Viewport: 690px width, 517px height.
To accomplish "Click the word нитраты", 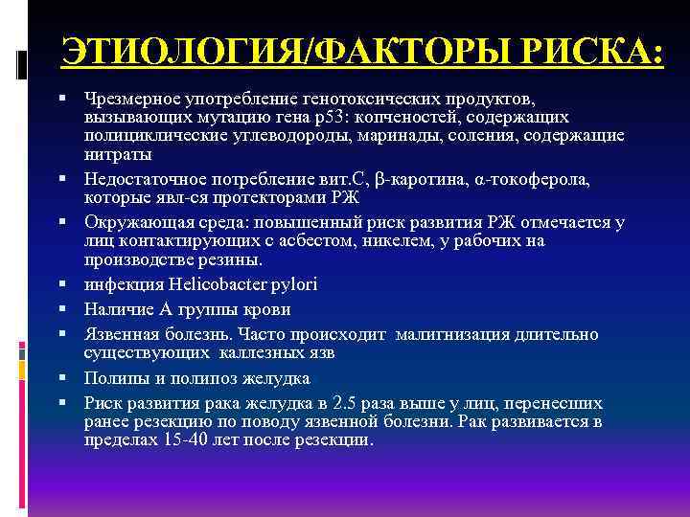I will tap(118, 152).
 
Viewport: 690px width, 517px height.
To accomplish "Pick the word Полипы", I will tap(112, 377).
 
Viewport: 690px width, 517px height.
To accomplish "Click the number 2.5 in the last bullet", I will tap(367, 403).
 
